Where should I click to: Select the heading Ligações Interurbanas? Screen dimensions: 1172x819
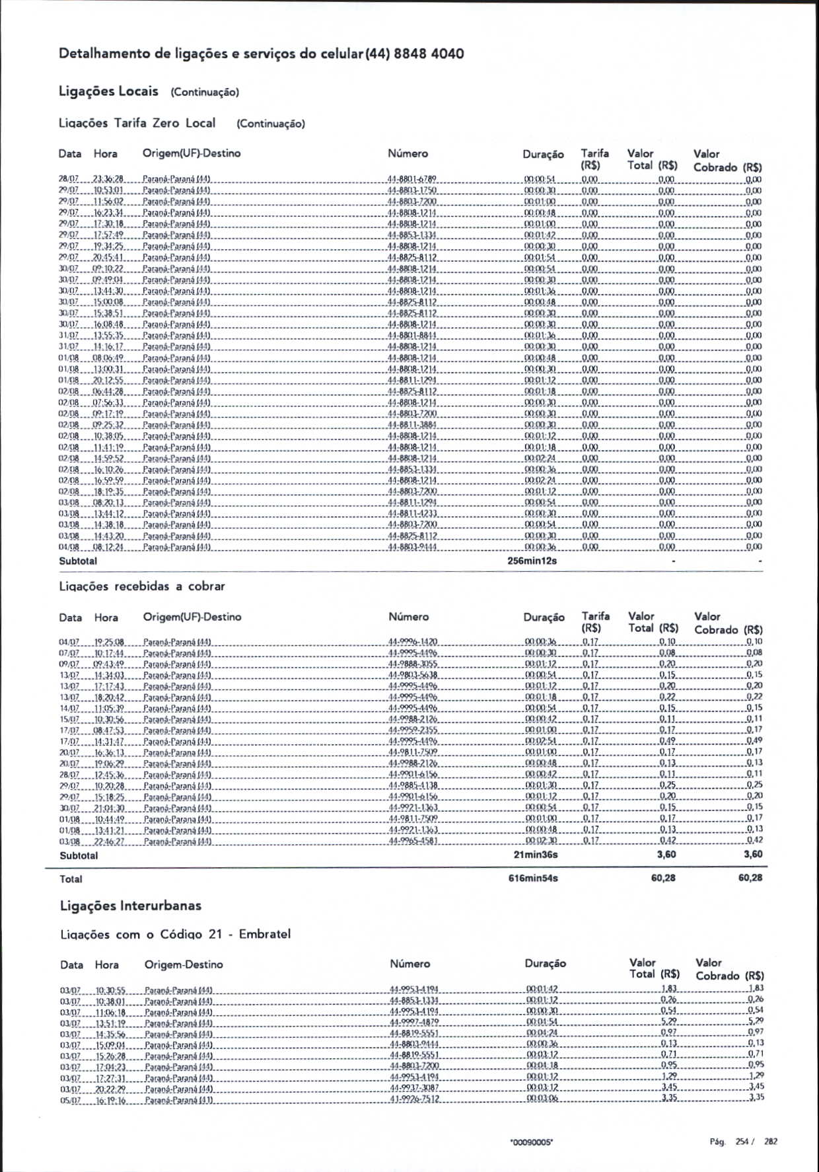(x=130, y=906)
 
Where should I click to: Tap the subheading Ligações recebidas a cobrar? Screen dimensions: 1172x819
(x=142, y=586)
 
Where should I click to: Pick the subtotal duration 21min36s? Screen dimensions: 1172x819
(x=536, y=855)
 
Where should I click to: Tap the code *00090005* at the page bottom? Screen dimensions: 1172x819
(x=531, y=1142)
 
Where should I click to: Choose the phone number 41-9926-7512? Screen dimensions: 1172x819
(x=414, y=1099)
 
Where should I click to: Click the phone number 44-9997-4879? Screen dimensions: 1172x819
(x=414, y=1022)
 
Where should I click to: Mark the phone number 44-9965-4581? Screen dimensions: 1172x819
(x=413, y=841)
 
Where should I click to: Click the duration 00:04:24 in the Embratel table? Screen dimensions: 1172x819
(x=542, y=1033)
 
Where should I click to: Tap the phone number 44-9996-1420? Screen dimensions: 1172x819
(x=413, y=642)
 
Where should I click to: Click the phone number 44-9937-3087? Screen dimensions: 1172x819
(x=414, y=1087)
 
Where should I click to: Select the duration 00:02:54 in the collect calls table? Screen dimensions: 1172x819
(x=540, y=742)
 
